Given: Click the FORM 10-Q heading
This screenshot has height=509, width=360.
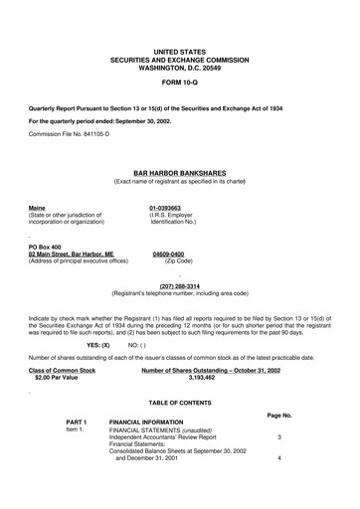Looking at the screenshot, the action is (180, 81).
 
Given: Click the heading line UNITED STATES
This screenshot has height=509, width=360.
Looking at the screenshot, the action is (180, 49).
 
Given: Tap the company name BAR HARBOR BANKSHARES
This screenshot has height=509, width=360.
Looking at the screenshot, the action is (180, 172).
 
